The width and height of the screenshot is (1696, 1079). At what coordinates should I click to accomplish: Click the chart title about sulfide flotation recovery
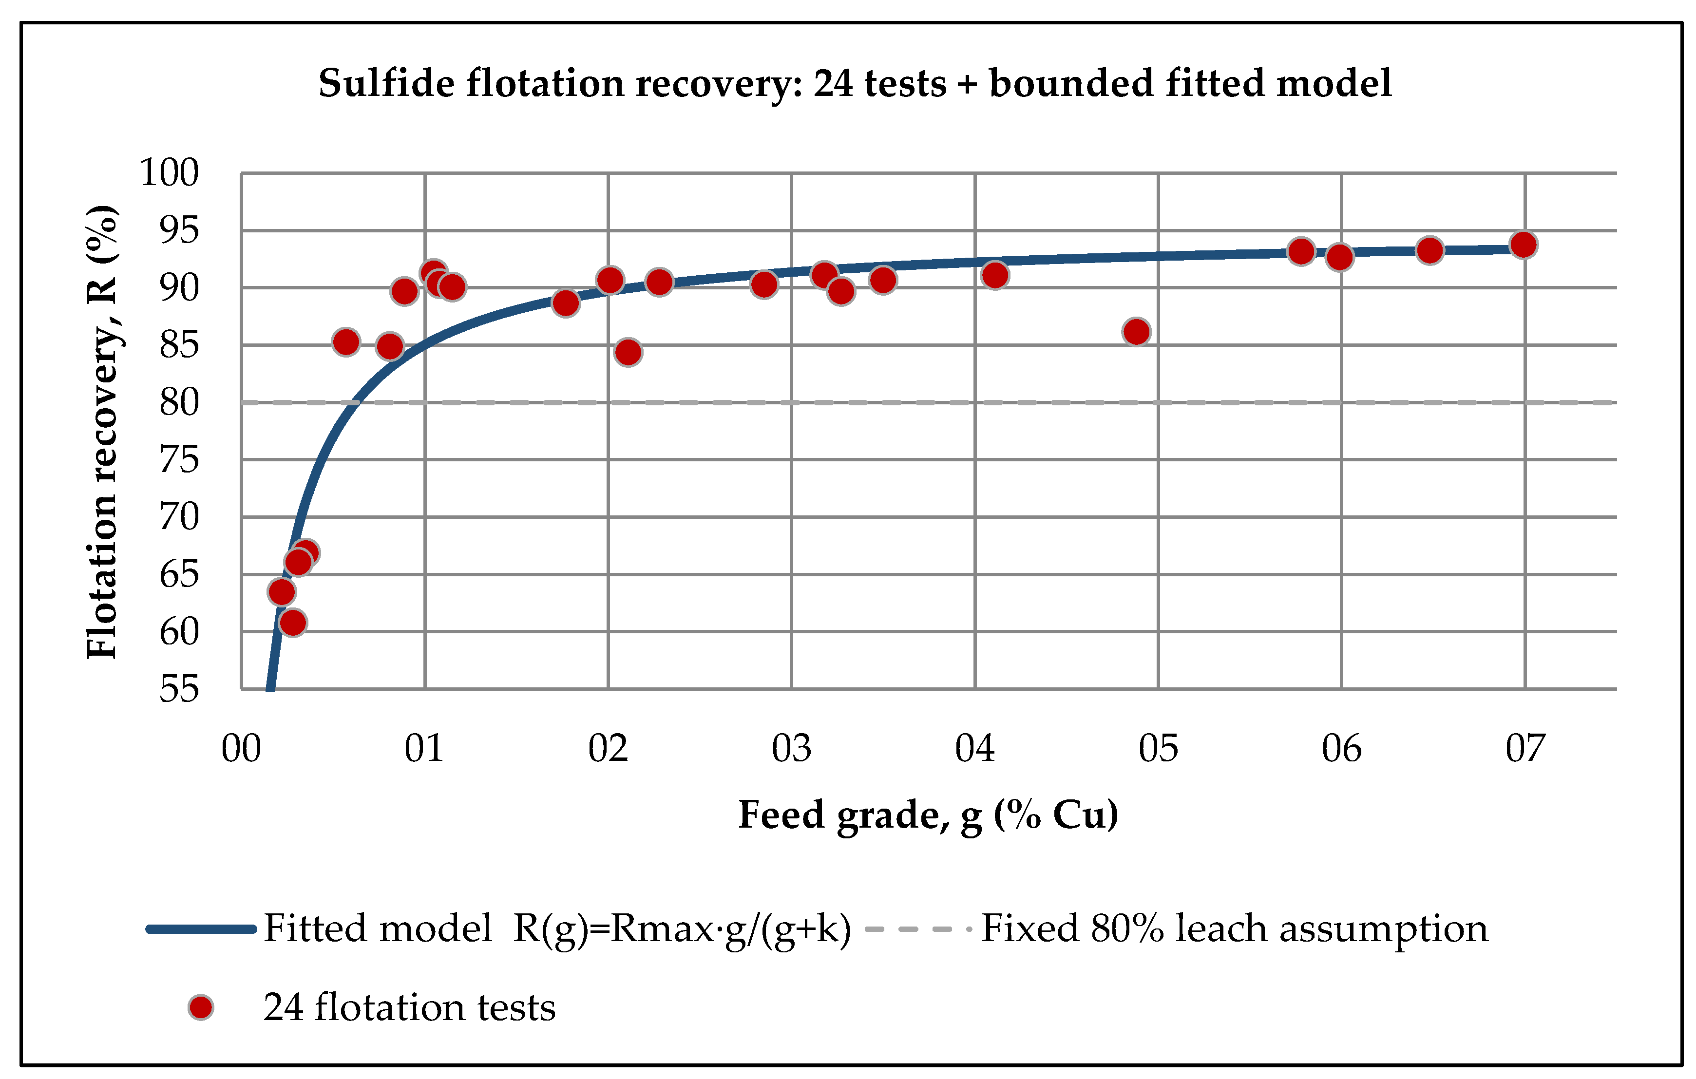(855, 84)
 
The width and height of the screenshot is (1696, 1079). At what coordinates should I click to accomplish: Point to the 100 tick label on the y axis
(169, 172)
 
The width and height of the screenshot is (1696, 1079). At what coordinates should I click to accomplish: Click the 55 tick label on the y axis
(179, 689)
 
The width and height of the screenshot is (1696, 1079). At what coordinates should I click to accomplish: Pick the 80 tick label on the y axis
(179, 403)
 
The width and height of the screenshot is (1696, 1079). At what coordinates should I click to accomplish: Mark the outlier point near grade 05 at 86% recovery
(1137, 332)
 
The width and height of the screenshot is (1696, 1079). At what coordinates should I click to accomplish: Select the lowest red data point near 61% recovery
(292, 623)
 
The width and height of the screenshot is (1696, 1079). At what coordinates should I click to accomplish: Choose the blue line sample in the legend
(201, 929)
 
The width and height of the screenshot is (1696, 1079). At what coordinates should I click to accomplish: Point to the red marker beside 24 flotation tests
(201, 1008)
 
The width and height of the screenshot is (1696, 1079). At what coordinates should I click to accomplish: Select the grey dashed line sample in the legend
(918, 929)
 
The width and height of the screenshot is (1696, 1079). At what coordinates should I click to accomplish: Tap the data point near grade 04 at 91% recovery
(994, 275)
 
